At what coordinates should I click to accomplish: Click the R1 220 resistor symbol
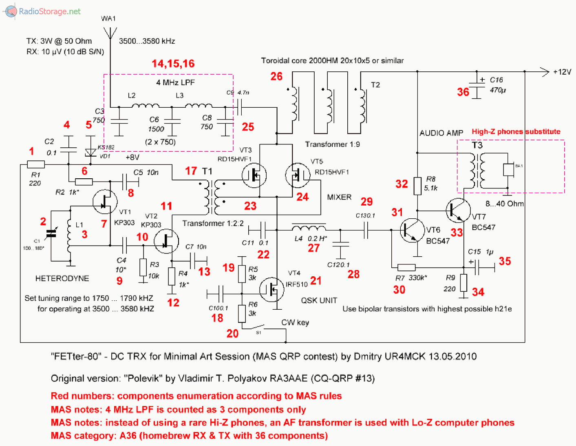36,164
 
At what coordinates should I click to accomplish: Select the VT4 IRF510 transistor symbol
272,289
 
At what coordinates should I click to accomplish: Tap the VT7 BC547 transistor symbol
458,210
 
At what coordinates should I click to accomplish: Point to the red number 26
276,76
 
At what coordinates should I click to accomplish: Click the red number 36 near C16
463,92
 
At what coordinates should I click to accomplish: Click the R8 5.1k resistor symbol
417,186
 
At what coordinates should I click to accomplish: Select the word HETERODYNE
62,278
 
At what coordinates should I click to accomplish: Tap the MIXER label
339,197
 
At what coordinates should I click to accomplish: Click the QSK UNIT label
319,300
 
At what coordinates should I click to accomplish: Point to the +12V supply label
562,72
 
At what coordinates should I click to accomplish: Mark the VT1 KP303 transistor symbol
105,202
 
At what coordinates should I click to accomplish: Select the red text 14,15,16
173,64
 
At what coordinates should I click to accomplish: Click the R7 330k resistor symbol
406,268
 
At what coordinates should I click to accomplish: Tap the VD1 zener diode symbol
90,153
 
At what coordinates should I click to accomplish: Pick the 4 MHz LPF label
175,82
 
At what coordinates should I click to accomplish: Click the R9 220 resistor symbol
463,283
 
